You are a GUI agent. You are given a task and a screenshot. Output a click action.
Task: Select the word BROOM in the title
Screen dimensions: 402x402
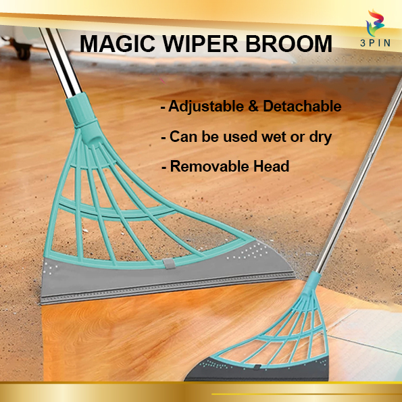tap(290, 44)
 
